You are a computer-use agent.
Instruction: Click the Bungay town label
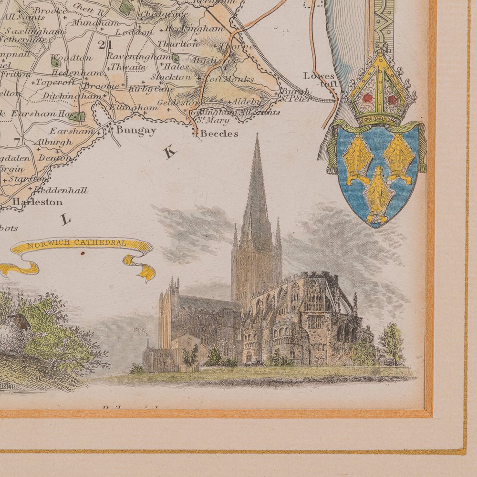(136, 130)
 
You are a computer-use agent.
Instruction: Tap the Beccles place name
(219, 134)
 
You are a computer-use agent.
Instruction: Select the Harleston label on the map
(38, 202)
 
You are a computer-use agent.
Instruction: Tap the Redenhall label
(67, 190)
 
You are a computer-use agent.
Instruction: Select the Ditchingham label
(72, 96)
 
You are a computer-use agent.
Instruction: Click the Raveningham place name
(136, 56)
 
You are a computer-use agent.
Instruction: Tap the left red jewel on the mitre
(367, 98)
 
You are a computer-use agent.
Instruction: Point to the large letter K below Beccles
(170, 153)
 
